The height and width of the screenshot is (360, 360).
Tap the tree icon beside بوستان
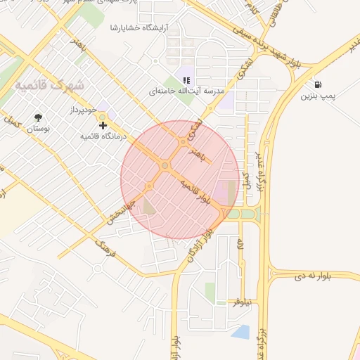(x=37, y=117)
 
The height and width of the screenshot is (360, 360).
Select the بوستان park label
(x=40, y=130)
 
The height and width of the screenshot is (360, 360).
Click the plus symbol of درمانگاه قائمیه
(x=103, y=125)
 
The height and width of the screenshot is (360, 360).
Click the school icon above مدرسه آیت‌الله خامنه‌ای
(x=186, y=81)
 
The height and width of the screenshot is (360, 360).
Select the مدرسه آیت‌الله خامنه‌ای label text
(x=186, y=92)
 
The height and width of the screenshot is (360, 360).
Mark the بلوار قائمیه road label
(x=196, y=191)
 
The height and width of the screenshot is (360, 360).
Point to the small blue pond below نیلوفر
(x=240, y=330)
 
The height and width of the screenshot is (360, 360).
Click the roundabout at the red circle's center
(x=165, y=166)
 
